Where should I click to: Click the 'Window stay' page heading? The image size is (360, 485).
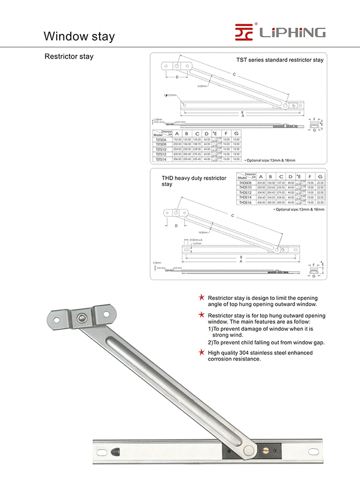pyautogui.click(x=79, y=36)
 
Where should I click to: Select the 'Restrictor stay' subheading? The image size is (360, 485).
pyautogui.click(x=69, y=57)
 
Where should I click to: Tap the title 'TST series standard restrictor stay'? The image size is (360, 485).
pyautogui.click(x=280, y=60)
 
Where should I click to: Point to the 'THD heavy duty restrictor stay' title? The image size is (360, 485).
pyautogui.click(x=194, y=181)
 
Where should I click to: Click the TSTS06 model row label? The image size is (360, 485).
pyautogui.click(x=160, y=139)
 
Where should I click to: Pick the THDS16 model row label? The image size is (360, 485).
pyautogui.click(x=245, y=202)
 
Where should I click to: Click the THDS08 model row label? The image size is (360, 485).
pyautogui.click(x=245, y=182)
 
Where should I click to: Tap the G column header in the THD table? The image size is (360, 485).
pyautogui.click(x=320, y=176)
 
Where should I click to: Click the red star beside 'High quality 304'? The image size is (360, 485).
pyautogui.click(x=201, y=352)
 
